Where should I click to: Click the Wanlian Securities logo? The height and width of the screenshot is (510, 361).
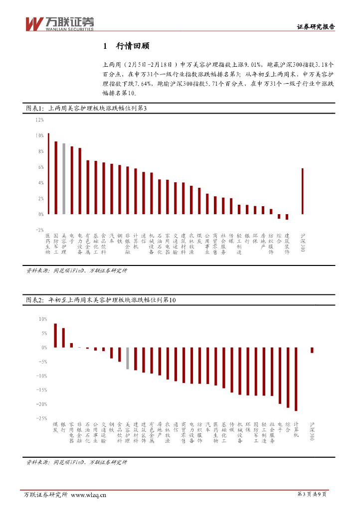(x=59, y=23)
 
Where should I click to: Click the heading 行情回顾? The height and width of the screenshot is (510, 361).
(x=132, y=46)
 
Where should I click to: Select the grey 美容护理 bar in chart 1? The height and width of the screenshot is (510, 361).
(x=64, y=179)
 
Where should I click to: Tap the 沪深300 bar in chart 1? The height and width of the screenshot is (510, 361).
(x=302, y=191)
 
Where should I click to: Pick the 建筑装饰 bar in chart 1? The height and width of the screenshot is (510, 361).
(x=287, y=217)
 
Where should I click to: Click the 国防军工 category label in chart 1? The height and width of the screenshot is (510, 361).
(x=56, y=244)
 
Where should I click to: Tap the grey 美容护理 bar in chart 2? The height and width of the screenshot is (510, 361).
(x=127, y=358)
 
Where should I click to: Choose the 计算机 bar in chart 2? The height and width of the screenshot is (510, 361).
(x=296, y=379)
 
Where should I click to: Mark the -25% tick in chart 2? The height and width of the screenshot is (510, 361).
(x=42, y=418)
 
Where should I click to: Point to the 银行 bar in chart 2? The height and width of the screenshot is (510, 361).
(x=63, y=338)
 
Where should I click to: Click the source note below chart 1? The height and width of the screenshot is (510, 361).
(x=76, y=271)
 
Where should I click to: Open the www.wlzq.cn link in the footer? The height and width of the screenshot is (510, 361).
(x=89, y=495)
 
